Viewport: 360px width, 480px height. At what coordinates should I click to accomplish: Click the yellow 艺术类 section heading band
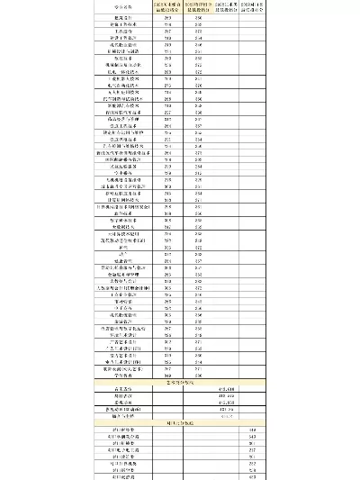179,382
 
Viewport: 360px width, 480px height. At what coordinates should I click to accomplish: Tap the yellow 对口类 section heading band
179,422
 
